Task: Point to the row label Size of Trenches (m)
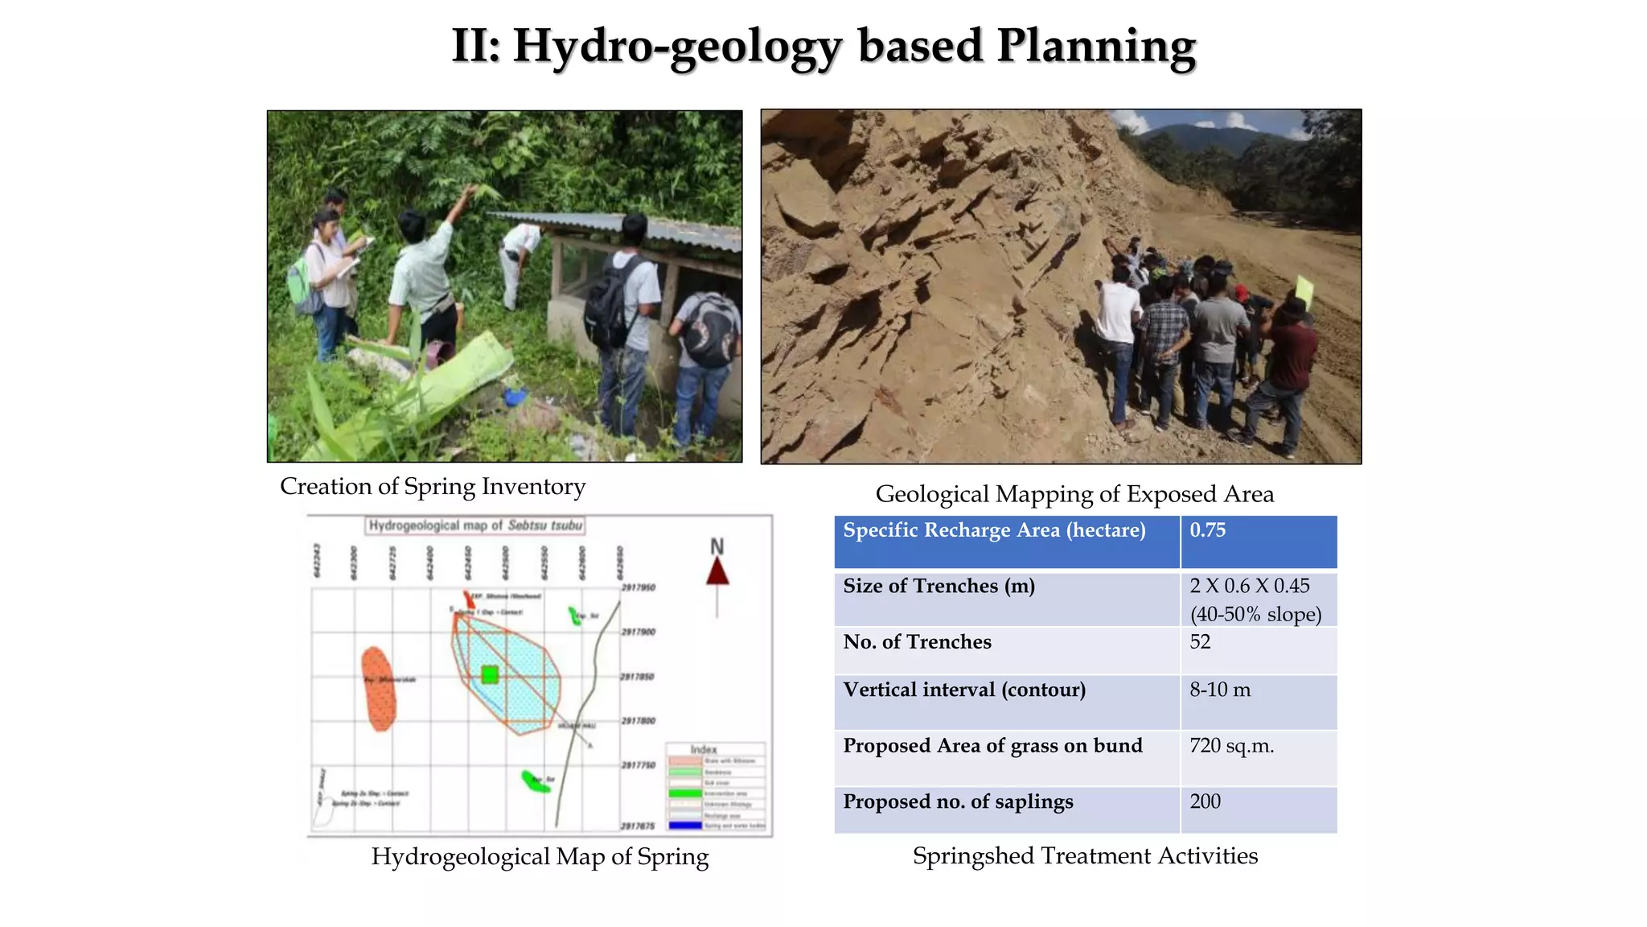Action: tap(939, 587)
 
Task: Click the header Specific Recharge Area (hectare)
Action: tap(994, 530)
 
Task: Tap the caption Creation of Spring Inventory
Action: tap(433, 487)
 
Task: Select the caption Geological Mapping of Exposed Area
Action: tap(1074, 494)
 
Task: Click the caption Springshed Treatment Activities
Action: tap(1085, 856)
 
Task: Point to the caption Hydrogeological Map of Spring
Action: tap(540, 857)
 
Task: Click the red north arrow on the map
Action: tap(717, 571)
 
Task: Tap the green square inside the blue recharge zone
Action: tap(490, 674)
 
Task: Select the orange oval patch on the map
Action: tap(378, 689)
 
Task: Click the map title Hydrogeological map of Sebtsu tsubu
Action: tap(475, 525)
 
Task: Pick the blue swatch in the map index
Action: tap(685, 825)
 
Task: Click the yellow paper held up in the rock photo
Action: tap(1304, 291)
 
